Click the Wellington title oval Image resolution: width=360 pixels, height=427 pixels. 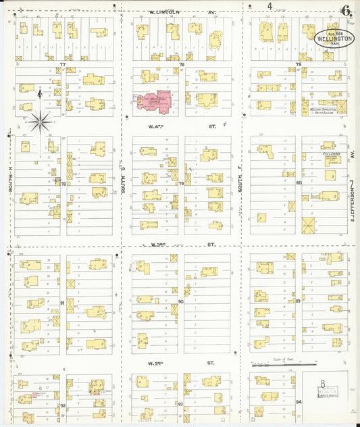click(x=334, y=36)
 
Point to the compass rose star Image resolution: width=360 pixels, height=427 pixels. click(x=40, y=122)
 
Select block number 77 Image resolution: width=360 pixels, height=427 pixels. click(x=62, y=64)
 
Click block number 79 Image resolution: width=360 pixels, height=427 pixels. click(x=181, y=183)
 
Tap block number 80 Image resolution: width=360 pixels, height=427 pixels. click(x=298, y=182)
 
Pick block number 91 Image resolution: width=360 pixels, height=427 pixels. click(x=62, y=303)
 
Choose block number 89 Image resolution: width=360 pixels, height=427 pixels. click(x=298, y=301)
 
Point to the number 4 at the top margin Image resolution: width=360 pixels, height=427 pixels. click(x=269, y=6)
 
